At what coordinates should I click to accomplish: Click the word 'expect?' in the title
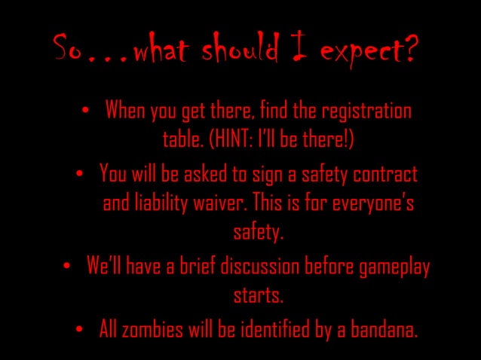pyautogui.click(x=368, y=51)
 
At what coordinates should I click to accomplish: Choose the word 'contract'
pyautogui.click(x=382, y=175)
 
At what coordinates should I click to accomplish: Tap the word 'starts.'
pyautogui.click(x=258, y=295)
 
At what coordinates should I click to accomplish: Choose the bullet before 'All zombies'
pyautogui.click(x=81, y=328)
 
